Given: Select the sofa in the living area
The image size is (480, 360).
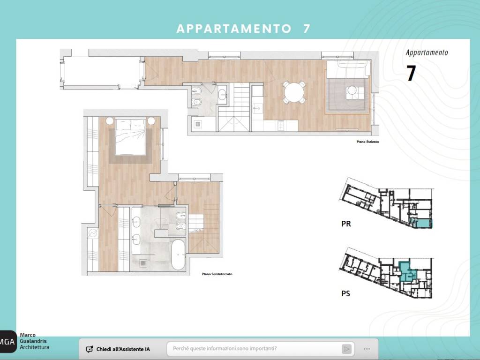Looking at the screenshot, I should coord(347,70).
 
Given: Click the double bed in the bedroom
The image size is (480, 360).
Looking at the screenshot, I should coord(130,136).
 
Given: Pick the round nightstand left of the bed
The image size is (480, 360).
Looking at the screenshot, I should coord(109,121).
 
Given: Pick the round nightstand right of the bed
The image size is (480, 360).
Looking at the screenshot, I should coord(151,121).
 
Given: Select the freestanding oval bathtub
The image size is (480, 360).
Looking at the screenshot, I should coord(178,254).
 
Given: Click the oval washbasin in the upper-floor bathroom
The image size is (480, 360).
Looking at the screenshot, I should coord(222,93).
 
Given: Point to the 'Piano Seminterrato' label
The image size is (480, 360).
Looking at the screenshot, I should coord(217,274).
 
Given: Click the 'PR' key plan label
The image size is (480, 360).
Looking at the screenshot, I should coord(346,224).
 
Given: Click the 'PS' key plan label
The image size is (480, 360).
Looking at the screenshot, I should coord(346,294).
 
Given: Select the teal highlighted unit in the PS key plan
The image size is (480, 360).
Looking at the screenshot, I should coord(405,271).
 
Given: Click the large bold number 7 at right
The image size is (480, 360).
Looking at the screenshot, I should coord(411,74).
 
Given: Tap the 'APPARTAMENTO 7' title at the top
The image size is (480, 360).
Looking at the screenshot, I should coord(243,29).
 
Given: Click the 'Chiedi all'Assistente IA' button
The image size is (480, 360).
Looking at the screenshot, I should coord(119,349).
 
